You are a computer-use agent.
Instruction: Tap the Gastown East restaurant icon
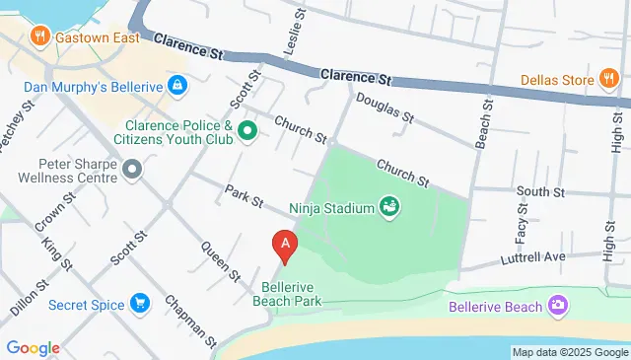pos(40,36)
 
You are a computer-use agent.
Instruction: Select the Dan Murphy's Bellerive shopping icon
pos(177,86)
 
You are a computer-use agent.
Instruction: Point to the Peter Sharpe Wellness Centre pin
pos(132,173)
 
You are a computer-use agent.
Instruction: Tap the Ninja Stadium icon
pos(390,207)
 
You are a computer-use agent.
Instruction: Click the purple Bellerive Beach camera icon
pos(559,307)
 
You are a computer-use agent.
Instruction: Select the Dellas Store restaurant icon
pos(608,80)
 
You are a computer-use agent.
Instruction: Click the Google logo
pos(33,348)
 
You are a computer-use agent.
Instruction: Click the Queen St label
pos(223,258)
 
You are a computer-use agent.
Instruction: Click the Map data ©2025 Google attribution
pos(570,352)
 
